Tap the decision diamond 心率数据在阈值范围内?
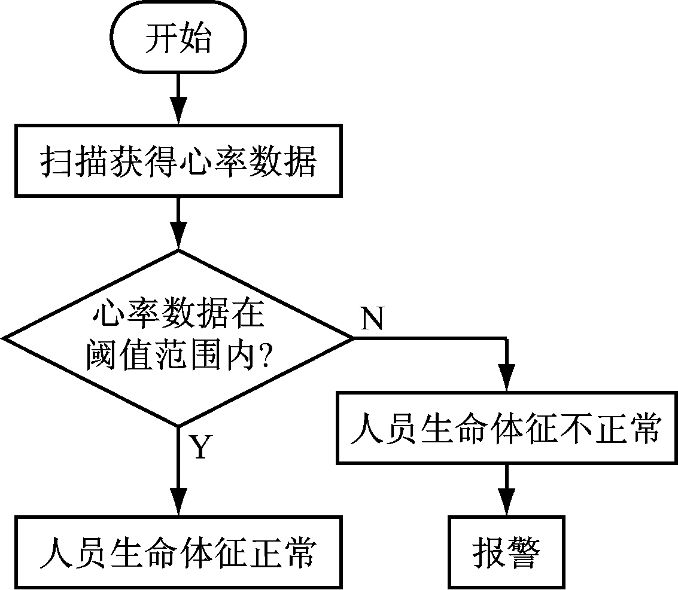(178, 338)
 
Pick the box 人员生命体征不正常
(506, 428)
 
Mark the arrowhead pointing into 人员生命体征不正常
(506, 380)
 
